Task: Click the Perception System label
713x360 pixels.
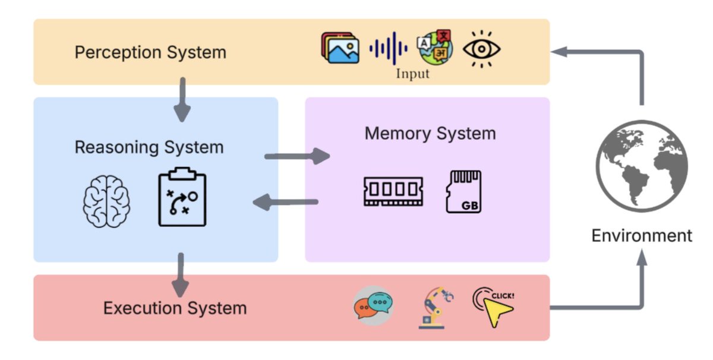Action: pyautogui.click(x=150, y=52)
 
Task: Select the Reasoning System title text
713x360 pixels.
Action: pyautogui.click(x=149, y=147)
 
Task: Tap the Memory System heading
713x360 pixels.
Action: pyautogui.click(x=430, y=133)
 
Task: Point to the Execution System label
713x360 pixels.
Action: pyautogui.click(x=175, y=308)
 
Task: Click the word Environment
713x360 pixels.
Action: pyautogui.click(x=642, y=235)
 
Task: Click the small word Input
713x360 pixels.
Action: pyautogui.click(x=412, y=74)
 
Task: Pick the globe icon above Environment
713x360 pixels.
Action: pyautogui.click(x=642, y=166)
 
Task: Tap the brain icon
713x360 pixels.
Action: pyautogui.click(x=106, y=201)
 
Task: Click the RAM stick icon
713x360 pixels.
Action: pyautogui.click(x=393, y=190)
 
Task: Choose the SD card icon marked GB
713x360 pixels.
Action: pyautogui.click(x=463, y=192)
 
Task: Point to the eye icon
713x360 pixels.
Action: pyautogui.click(x=481, y=48)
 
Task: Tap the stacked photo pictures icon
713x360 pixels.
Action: pyautogui.click(x=340, y=48)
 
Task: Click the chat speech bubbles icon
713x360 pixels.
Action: pyautogui.click(x=373, y=305)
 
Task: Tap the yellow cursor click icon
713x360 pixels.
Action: pyautogui.click(x=494, y=307)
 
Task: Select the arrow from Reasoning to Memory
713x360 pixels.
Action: pyautogui.click(x=296, y=157)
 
